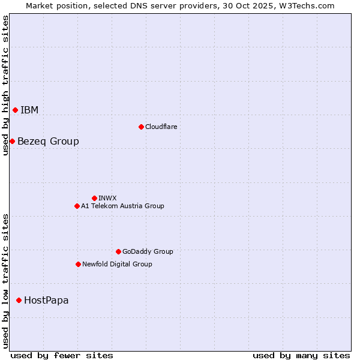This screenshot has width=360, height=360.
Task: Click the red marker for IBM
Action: pyautogui.click(x=15, y=110)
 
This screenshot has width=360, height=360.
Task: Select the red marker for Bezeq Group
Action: pyautogui.click(x=12, y=141)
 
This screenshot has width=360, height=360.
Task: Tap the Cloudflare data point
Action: pyautogui.click(x=141, y=127)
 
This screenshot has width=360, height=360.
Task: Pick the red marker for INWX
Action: pyautogui.click(x=94, y=198)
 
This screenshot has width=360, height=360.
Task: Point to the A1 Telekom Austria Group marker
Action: pyautogui.click(x=77, y=206)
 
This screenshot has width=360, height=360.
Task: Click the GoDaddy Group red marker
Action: pyautogui.click(x=118, y=251)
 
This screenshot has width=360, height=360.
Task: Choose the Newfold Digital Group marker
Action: pyautogui.click(x=78, y=264)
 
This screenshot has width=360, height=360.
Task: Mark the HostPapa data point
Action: pyautogui.click(x=19, y=300)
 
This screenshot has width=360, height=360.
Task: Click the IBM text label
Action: pyautogui.click(x=29, y=110)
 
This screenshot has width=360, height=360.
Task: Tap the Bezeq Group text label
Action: pyautogui.click(x=48, y=141)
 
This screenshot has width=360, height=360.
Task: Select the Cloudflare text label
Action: pyautogui.click(x=161, y=127)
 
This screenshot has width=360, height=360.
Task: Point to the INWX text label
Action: pyautogui.click(x=107, y=198)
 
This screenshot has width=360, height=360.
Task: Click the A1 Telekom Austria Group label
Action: pyautogui.click(x=122, y=206)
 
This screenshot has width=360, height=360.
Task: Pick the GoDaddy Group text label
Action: pyautogui.click(x=148, y=251)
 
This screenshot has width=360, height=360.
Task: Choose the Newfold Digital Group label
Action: pyautogui.click(x=117, y=264)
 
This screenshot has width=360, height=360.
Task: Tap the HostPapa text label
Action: pyautogui.click(x=46, y=300)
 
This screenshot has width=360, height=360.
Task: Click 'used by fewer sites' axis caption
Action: pyautogui.click(x=62, y=355)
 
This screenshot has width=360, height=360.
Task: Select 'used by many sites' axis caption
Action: pyautogui.click(x=301, y=355)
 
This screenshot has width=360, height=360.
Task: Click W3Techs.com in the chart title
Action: pyautogui.click(x=305, y=5)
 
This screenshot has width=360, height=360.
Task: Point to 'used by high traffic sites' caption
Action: pyautogui.click(x=5, y=85)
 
